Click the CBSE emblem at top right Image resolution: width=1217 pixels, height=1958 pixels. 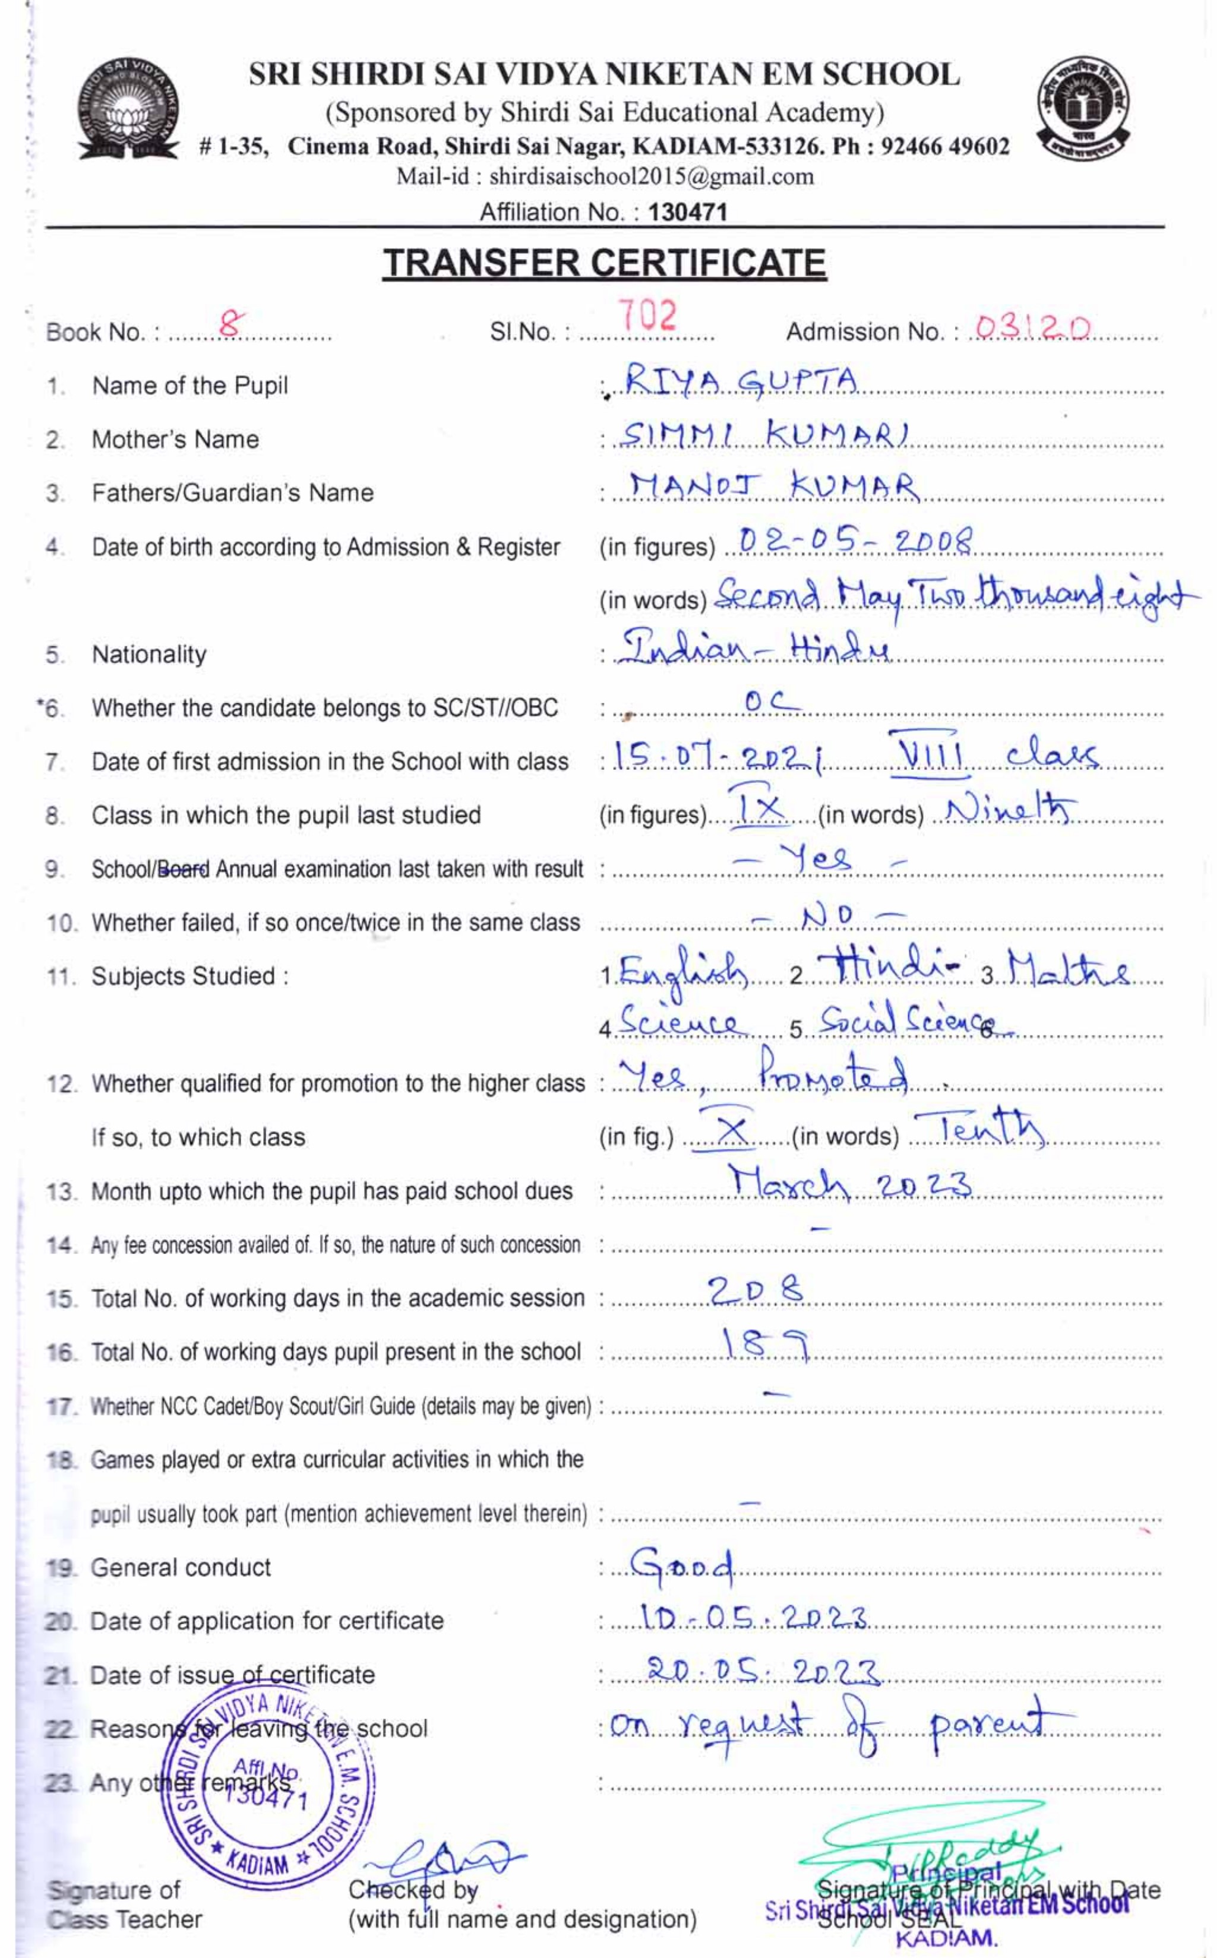(x=1083, y=109)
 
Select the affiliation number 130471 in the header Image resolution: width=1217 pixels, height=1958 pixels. (x=687, y=213)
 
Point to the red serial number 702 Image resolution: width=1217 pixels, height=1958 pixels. (x=647, y=317)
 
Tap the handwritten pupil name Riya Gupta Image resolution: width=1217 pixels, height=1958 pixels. (x=741, y=380)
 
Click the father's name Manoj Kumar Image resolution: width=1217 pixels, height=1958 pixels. (x=773, y=487)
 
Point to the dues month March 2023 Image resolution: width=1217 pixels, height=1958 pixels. (x=850, y=1183)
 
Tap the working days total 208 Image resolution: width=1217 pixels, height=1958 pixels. (x=755, y=1291)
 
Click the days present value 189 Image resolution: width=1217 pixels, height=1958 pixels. (x=764, y=1344)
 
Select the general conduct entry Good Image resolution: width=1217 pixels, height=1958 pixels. (x=682, y=1564)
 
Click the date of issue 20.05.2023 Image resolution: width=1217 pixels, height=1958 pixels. (x=762, y=1672)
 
